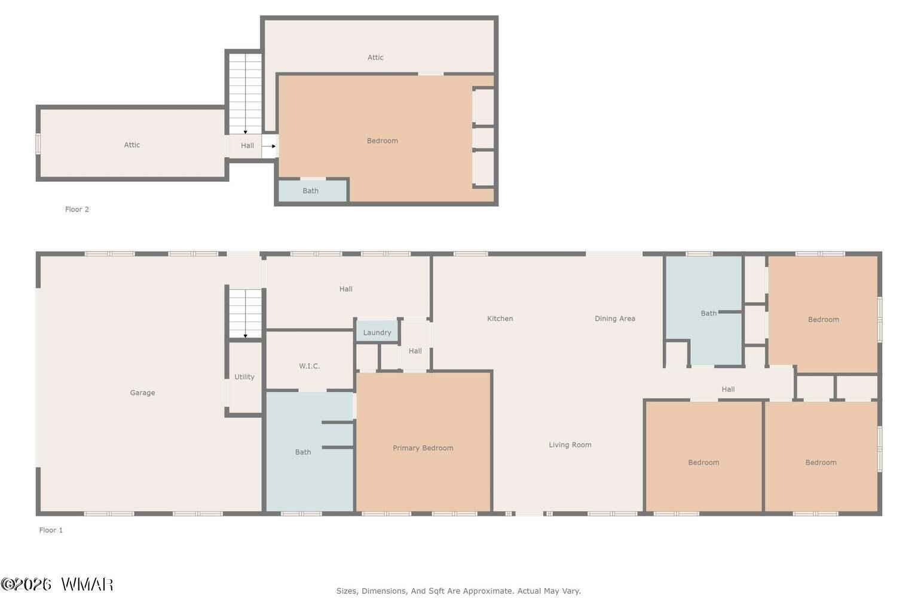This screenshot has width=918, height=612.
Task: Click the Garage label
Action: [x=142, y=393]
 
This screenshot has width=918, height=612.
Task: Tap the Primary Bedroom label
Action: [x=423, y=448]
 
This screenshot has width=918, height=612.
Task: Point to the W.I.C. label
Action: [x=310, y=366]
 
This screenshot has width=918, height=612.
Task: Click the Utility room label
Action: [x=244, y=377]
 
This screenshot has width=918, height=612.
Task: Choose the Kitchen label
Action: [x=500, y=319]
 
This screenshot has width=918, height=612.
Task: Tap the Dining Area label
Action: [x=615, y=319]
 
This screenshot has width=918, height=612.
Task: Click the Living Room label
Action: [x=570, y=445]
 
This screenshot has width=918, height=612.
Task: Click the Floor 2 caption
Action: [x=77, y=209]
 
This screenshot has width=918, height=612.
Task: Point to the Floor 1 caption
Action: [x=51, y=530]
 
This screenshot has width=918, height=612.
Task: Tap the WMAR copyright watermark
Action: [x=57, y=584]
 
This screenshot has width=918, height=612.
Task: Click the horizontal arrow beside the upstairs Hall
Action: [x=269, y=146]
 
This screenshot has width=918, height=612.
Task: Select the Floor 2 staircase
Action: [x=245, y=94]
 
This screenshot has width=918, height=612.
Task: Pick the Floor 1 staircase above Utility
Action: [x=245, y=314]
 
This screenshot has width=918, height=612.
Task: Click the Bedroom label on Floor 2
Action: [x=382, y=140]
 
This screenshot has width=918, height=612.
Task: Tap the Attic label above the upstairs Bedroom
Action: [x=375, y=57]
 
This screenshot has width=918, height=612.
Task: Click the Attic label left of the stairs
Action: [x=132, y=145]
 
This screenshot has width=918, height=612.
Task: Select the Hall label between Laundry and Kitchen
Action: [x=415, y=351]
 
